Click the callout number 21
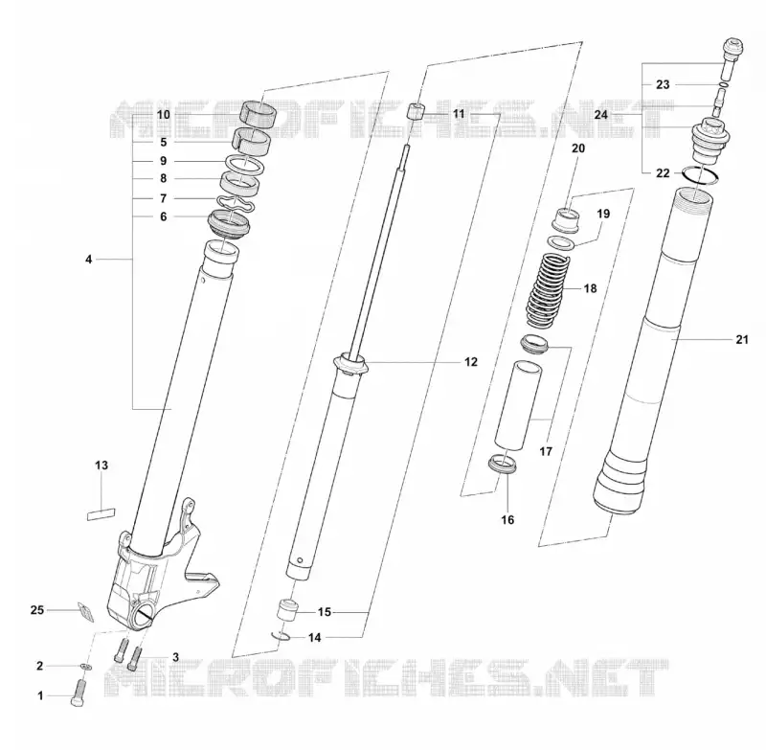(x=741, y=339)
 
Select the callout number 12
(x=470, y=362)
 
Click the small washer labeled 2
(x=86, y=667)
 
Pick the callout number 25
(x=37, y=610)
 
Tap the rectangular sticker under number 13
(x=101, y=514)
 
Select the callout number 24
(x=601, y=115)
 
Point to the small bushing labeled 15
(x=288, y=610)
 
